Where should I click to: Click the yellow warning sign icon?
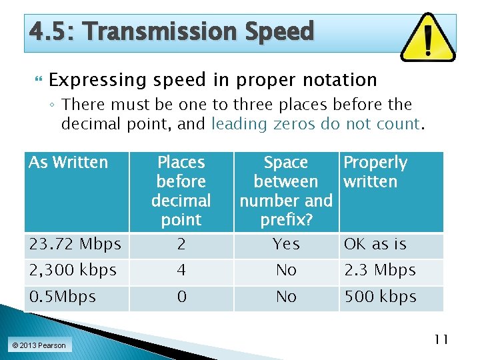(429, 37)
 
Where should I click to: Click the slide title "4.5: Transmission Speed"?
(171, 31)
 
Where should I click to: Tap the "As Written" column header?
(68, 163)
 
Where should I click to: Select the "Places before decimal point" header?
(181, 191)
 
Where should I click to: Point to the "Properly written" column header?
(375, 172)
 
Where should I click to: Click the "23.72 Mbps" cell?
(75, 245)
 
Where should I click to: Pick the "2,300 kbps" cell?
(73, 271)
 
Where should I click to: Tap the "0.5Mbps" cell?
(63, 297)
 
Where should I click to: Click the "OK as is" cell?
(375, 245)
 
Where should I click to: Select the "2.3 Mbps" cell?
(379, 271)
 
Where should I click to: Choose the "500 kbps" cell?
(380, 297)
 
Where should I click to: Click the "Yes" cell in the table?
(286, 245)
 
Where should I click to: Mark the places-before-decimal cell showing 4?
(181, 271)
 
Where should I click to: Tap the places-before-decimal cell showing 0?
(181, 297)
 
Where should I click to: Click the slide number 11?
(441, 339)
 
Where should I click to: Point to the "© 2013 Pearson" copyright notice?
(38, 345)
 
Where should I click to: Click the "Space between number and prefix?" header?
(286, 191)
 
